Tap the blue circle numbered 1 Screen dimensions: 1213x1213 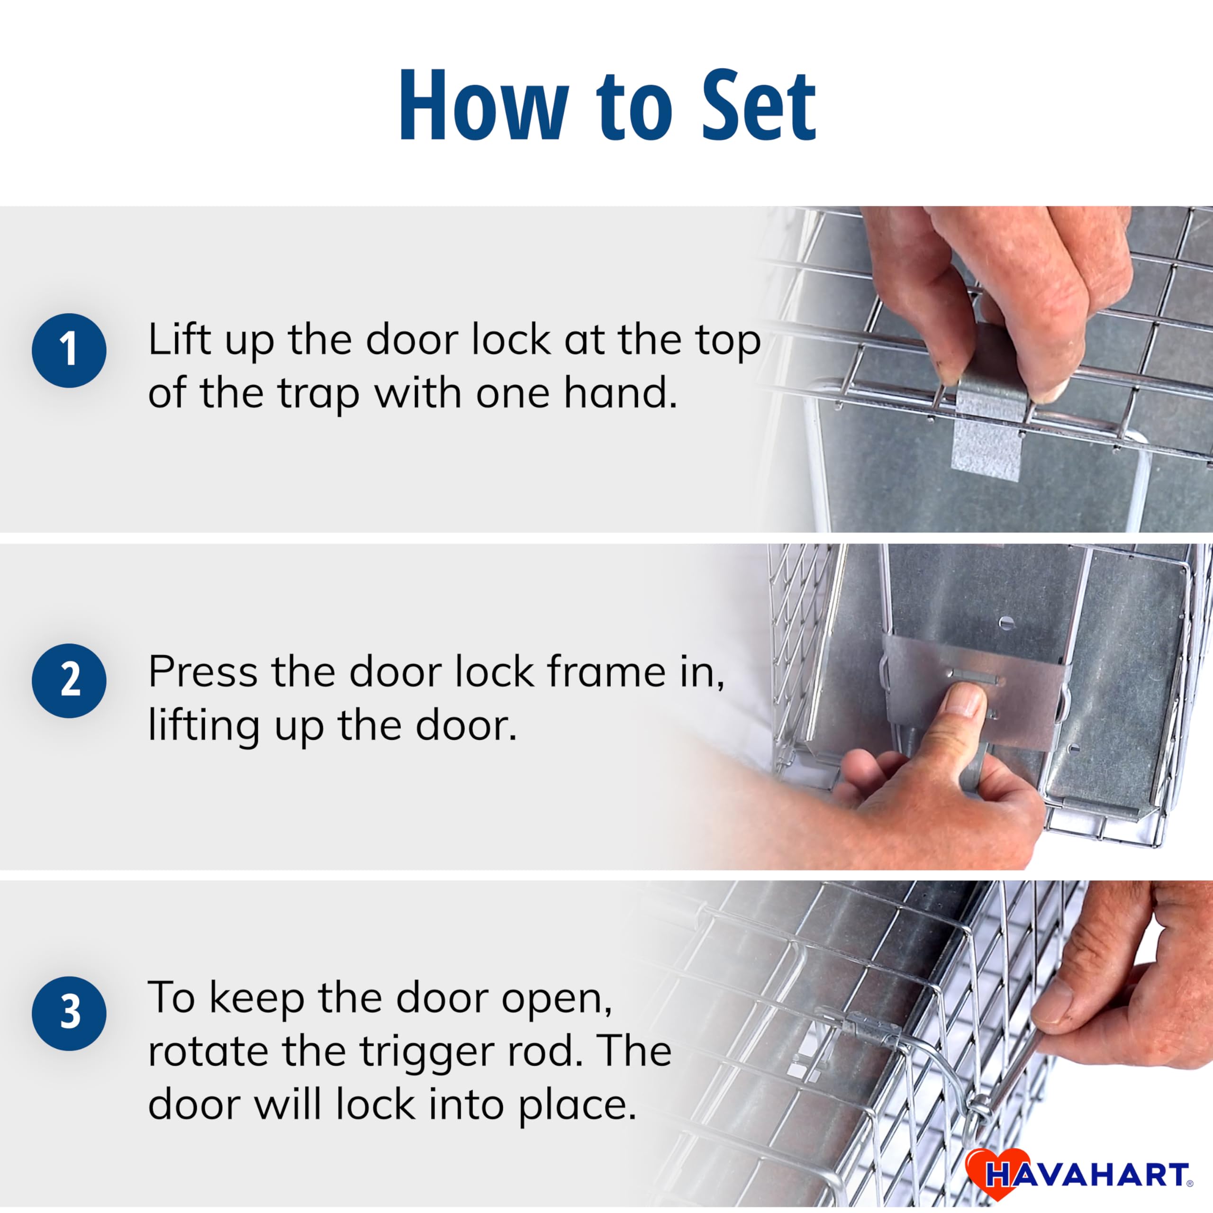pyautogui.click(x=69, y=350)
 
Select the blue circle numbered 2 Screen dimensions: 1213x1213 pyautogui.click(x=69, y=680)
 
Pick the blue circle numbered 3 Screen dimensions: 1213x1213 pyautogui.click(x=69, y=1014)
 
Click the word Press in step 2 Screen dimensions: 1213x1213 pyautogui.click(x=202, y=671)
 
